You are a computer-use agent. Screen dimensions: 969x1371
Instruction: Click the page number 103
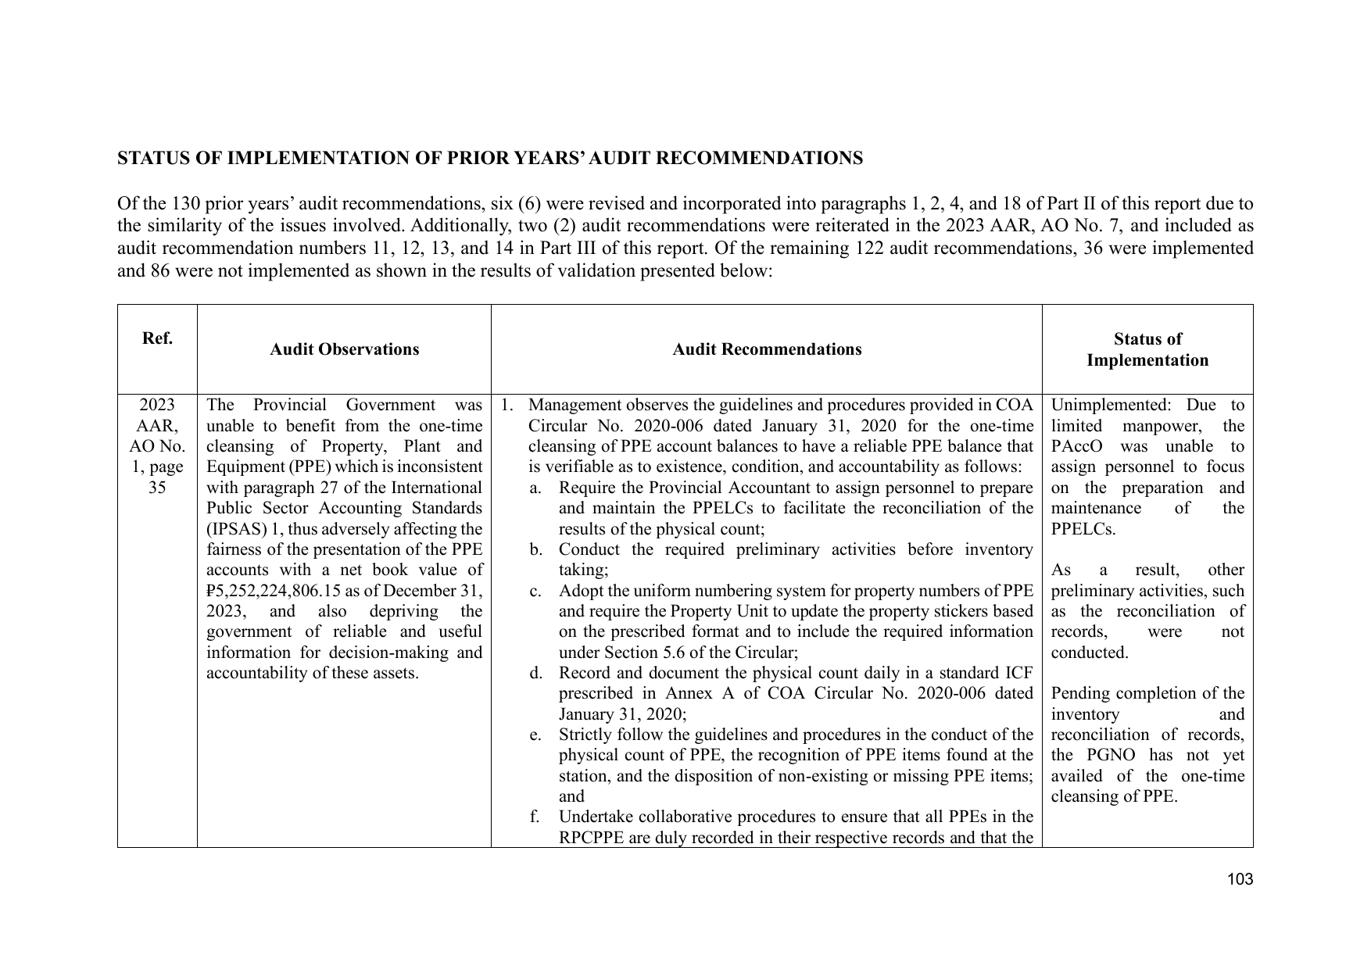1240,879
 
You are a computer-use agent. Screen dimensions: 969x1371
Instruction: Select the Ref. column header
157,338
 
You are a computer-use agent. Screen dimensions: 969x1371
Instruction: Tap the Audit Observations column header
344,349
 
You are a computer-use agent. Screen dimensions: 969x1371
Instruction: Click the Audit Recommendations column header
767,349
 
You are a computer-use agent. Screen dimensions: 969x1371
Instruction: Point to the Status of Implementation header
1147,349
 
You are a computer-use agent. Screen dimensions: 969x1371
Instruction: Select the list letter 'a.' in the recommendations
535,488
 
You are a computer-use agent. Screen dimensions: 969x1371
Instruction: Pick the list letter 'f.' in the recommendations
535,817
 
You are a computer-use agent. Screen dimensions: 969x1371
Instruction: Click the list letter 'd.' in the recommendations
535,673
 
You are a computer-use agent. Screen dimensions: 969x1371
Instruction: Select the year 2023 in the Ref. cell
157,405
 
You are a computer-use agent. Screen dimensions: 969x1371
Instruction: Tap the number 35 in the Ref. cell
157,488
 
